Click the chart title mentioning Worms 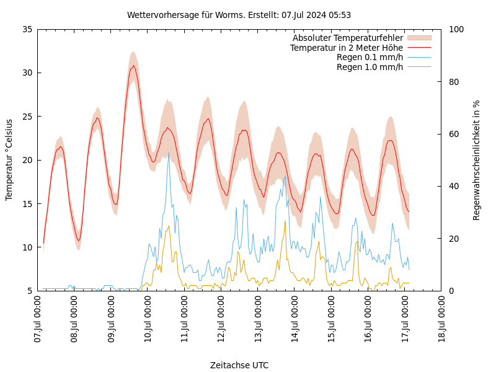click(x=239, y=15)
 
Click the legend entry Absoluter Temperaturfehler click(x=347, y=38)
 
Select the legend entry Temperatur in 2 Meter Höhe click(x=346, y=48)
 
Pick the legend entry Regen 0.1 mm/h click(x=370, y=57)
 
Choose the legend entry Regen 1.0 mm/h click(x=370, y=67)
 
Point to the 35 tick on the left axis click(x=27, y=29)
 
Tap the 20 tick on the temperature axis click(x=27, y=160)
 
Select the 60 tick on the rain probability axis click(x=453, y=134)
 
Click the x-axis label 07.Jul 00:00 click(x=38, y=319)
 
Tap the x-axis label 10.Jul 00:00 click(x=148, y=319)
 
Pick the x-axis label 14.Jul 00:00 click(x=295, y=319)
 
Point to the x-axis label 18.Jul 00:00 click(x=442, y=319)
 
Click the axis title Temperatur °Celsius click(x=9, y=160)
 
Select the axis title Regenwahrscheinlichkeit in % click(x=477, y=160)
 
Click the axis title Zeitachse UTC click(x=239, y=365)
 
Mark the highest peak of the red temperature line click(x=133, y=65)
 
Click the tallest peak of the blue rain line click(x=169, y=153)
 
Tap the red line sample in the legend click(x=419, y=48)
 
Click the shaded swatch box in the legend click(x=419, y=38)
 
